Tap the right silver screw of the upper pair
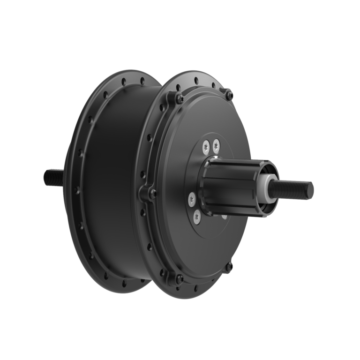click(x=216, y=147)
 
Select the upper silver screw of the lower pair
click(x=192, y=199)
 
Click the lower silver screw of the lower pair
click(x=196, y=216)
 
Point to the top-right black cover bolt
click(x=229, y=96)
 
